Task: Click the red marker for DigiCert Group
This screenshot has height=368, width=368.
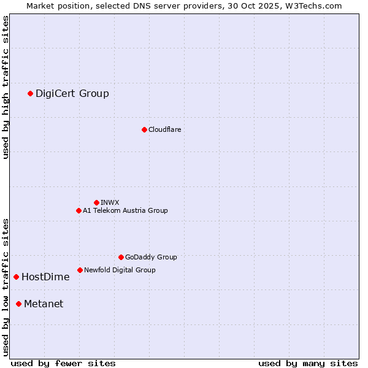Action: (30, 93)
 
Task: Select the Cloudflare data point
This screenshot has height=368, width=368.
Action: (144, 129)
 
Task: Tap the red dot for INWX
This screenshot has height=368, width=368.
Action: (96, 202)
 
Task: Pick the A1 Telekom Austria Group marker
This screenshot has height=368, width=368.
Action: (79, 210)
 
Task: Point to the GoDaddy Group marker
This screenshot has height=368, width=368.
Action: (121, 257)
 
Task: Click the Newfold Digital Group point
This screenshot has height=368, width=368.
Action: (80, 270)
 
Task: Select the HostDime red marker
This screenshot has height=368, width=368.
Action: (16, 277)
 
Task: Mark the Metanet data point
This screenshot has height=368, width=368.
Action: (18, 304)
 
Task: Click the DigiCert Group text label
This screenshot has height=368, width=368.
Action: (72, 93)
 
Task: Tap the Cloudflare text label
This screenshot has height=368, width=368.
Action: (164, 129)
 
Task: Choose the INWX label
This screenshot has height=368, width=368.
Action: (110, 202)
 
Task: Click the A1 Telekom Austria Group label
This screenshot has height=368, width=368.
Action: (125, 210)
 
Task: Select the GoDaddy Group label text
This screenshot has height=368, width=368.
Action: (151, 257)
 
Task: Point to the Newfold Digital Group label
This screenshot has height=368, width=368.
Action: (120, 270)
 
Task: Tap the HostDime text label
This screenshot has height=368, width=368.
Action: (45, 277)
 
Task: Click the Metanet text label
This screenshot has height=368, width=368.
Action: (44, 304)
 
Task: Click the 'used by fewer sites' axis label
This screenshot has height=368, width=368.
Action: (63, 363)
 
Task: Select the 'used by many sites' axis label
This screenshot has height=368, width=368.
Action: (308, 363)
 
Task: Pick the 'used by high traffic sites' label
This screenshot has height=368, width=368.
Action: (6, 87)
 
